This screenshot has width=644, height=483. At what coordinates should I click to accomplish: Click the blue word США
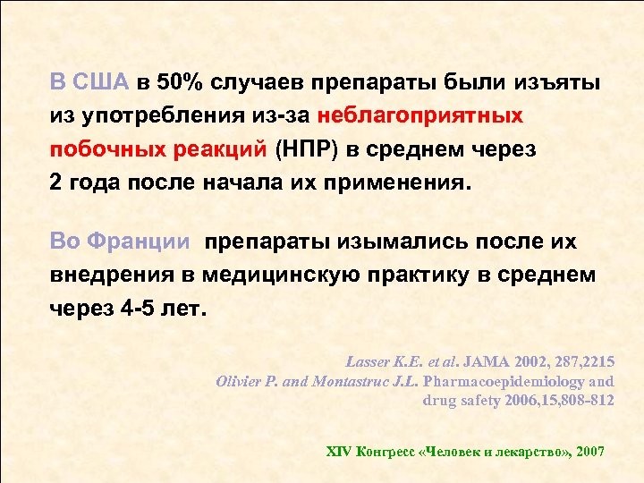tap(102, 83)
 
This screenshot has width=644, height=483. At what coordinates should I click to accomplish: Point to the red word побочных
tap(96, 149)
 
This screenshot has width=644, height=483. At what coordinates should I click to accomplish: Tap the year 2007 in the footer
tap(591, 452)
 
